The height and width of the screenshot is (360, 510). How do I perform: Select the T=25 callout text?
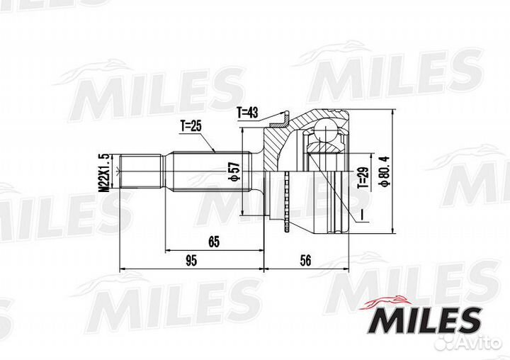tap(191, 126)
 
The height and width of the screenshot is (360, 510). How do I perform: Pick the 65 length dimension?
tap(214, 242)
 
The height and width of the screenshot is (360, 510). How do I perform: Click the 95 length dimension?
tap(191, 261)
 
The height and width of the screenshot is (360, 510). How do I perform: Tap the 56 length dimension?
tap(306, 261)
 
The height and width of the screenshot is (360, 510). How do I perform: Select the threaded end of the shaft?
tap(142, 172)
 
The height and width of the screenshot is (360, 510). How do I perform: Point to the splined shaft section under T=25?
tap(205, 172)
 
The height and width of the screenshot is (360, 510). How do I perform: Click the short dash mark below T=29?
tap(361, 213)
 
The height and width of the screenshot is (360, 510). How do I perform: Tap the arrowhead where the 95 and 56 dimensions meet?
tap(264, 269)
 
